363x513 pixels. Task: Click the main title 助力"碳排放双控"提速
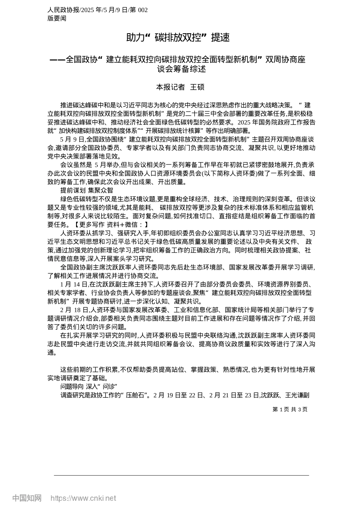pyautogui.click(x=178, y=37)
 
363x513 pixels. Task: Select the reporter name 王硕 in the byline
pyautogui.click(x=197, y=87)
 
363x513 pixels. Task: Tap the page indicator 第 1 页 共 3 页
pyautogui.click(x=290, y=410)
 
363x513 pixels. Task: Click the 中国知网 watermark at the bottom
pyautogui.click(x=27, y=498)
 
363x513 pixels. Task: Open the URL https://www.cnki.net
pyautogui.click(x=83, y=498)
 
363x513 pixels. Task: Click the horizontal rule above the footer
pyautogui.click(x=181, y=475)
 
